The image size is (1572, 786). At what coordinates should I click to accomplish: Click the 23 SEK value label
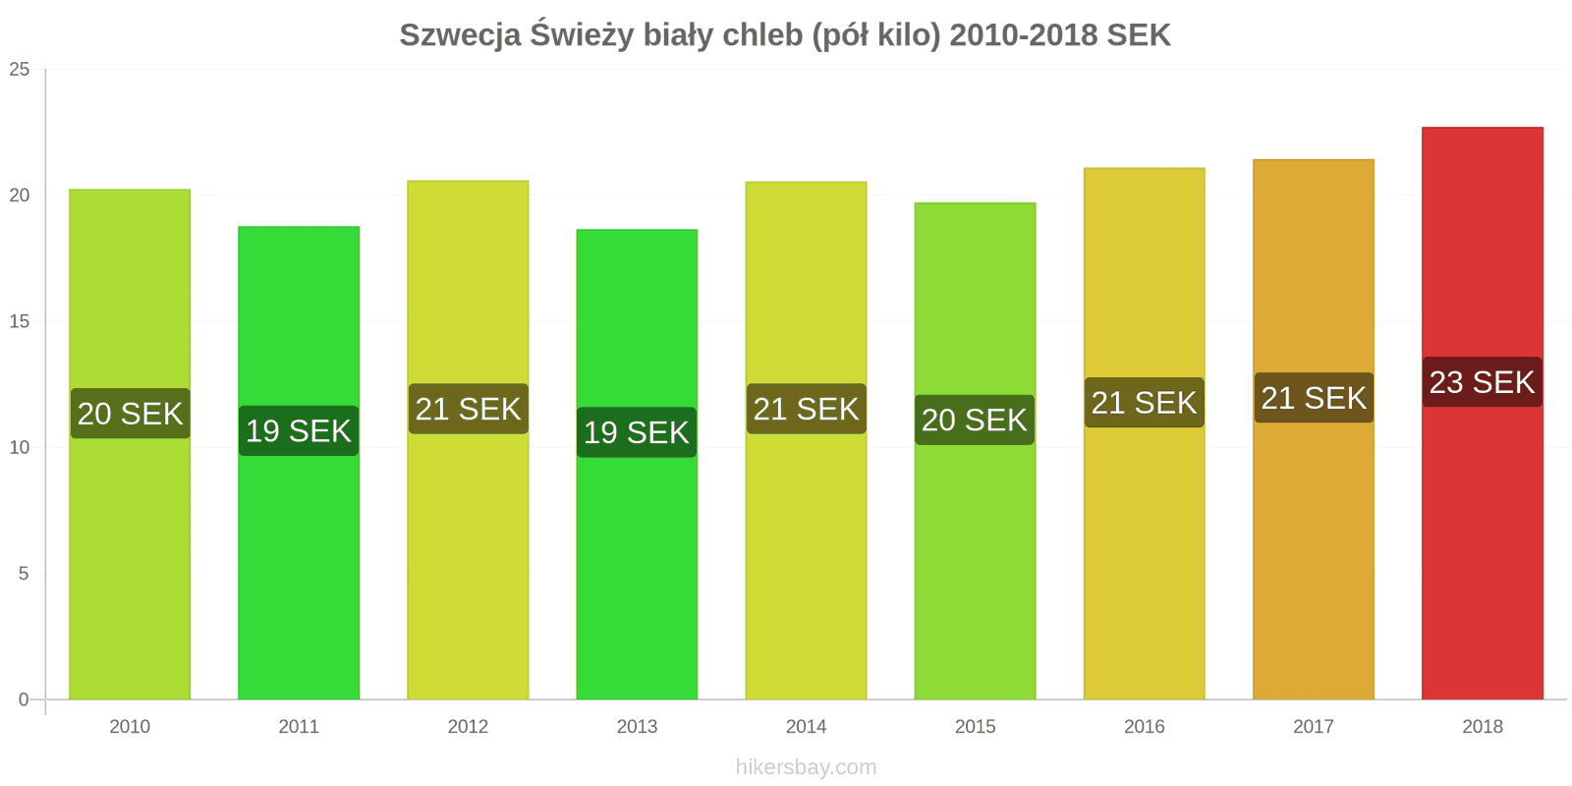tap(1482, 382)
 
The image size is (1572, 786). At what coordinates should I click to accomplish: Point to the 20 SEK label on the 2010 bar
tap(130, 414)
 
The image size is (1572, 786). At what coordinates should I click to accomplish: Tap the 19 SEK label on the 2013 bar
tap(637, 432)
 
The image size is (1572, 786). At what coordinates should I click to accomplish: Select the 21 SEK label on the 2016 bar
tap(1144, 403)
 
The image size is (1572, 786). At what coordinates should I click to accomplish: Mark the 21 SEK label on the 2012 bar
tap(468, 409)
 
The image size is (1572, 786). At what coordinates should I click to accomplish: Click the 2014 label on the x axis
tap(806, 727)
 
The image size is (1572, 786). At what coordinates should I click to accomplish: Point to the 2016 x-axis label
tap(1144, 727)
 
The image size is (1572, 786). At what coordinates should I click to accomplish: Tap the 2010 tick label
tap(130, 727)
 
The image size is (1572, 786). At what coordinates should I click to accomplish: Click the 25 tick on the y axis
tap(20, 70)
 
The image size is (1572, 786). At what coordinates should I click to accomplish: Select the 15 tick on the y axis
tap(20, 321)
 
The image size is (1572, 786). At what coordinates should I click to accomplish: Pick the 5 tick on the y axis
tap(24, 574)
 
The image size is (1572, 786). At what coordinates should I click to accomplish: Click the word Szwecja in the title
tap(460, 35)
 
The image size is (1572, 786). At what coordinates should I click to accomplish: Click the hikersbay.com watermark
tap(806, 767)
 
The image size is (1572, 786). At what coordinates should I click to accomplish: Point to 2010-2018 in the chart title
tap(1024, 35)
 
